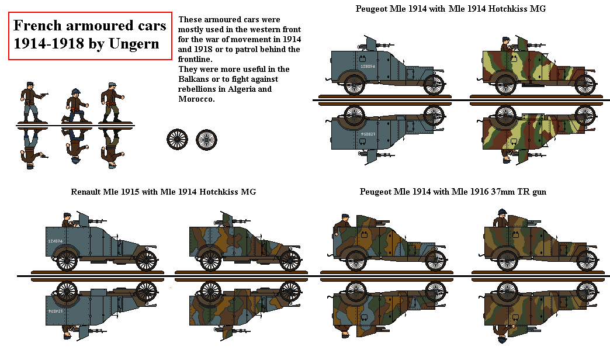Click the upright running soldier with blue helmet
point(75,104)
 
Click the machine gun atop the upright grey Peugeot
point(368,43)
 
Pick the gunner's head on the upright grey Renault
point(67,216)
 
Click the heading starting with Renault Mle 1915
point(163,192)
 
